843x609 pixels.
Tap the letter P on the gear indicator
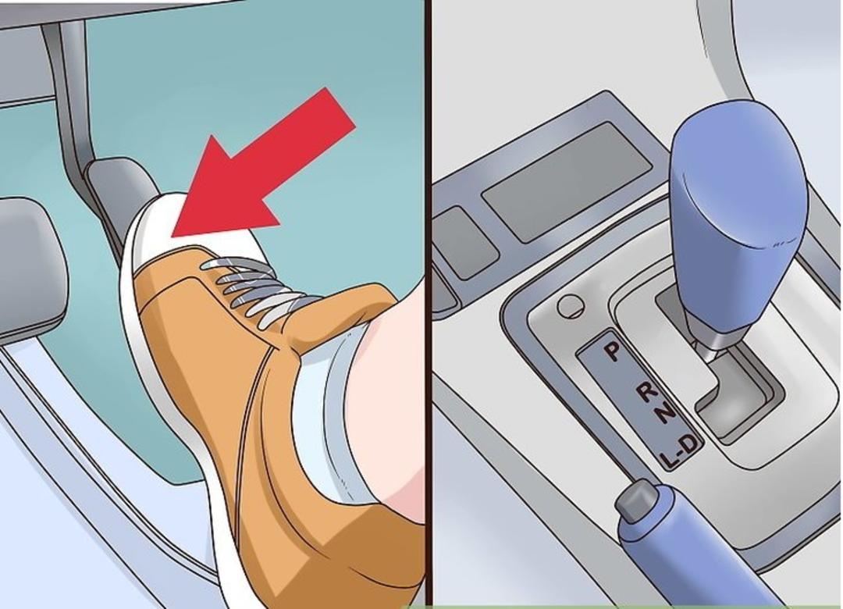point(612,352)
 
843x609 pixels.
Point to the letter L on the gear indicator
point(670,458)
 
